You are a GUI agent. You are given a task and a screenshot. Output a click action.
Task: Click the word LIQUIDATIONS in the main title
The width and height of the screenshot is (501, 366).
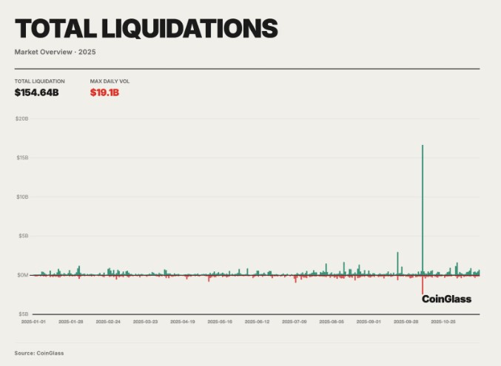click(x=194, y=29)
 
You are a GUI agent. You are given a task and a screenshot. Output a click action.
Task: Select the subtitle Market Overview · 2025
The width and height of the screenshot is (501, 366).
click(x=55, y=52)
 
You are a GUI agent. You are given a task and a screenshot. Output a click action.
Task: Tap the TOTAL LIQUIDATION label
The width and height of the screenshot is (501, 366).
click(x=39, y=81)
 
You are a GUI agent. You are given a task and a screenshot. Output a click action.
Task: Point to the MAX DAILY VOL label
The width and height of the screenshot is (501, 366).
click(x=110, y=81)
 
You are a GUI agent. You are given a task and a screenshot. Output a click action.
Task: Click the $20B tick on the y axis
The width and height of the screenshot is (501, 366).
click(x=22, y=118)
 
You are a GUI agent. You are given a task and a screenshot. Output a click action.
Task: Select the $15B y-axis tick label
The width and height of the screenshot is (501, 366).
click(x=22, y=157)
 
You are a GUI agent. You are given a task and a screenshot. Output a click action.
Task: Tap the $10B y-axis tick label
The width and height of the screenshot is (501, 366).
click(x=22, y=197)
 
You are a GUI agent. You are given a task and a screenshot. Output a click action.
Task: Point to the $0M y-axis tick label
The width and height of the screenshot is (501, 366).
click(x=22, y=275)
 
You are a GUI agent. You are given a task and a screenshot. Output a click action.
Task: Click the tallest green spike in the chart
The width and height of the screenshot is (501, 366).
click(x=423, y=200)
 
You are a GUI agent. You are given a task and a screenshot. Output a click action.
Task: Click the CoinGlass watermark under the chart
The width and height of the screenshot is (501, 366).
click(x=446, y=299)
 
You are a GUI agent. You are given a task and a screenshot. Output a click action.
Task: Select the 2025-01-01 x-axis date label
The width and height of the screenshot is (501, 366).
click(x=33, y=322)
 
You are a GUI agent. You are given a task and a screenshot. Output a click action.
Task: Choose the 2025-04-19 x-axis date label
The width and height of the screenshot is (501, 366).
click(x=183, y=322)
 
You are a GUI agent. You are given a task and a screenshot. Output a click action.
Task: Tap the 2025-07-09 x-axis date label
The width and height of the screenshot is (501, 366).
click(x=295, y=322)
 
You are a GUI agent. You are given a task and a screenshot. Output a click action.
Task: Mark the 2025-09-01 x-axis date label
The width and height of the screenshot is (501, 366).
click(x=369, y=322)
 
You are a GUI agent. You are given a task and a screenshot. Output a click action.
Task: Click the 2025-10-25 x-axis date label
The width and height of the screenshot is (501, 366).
click(x=443, y=322)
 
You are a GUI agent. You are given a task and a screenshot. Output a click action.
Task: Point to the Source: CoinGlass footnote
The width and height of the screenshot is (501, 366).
click(x=39, y=353)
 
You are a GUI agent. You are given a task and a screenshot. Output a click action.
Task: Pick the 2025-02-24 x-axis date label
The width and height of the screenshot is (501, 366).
click(x=108, y=322)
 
